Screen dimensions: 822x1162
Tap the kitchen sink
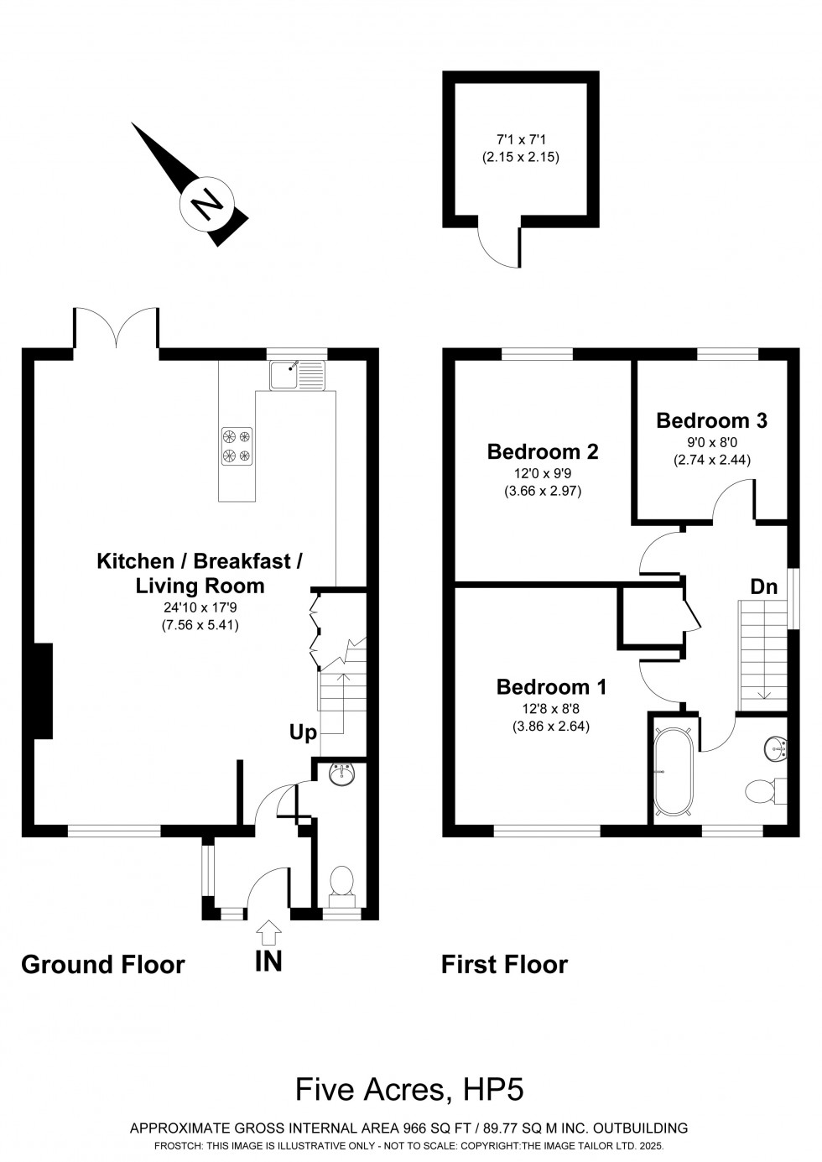point(296,375)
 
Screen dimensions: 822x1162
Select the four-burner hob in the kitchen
point(237,446)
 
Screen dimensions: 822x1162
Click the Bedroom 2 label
point(543,451)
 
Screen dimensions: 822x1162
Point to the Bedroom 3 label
point(711,420)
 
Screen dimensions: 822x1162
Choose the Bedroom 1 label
point(551,686)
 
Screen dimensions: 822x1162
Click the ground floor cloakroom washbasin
point(341,774)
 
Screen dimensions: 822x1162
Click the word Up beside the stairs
point(303,733)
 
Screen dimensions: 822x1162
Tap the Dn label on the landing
point(763,586)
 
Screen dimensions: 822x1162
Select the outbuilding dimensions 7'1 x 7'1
point(521,139)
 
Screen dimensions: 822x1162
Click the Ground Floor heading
point(102,964)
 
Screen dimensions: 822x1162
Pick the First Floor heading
point(504,964)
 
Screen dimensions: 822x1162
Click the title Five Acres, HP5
point(409,1090)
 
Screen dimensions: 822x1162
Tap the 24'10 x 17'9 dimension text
point(200,607)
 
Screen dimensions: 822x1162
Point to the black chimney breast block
point(44,690)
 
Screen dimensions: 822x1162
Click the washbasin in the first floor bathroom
point(775,748)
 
